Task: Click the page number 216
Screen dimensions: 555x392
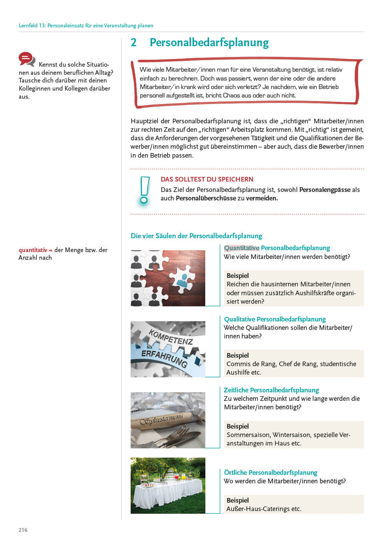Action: coord(23,530)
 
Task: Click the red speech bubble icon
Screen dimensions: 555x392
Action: coord(26,59)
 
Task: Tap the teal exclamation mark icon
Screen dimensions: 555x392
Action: coord(144,191)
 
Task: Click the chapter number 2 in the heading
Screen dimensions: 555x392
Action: coord(134,42)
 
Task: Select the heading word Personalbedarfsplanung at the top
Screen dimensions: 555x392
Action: coord(209,42)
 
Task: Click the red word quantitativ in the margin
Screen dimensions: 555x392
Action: coord(33,250)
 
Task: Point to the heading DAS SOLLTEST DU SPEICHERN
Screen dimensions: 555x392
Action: coord(207,179)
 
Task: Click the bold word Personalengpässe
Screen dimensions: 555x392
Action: coord(325,190)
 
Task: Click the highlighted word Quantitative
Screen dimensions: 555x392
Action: coord(241,248)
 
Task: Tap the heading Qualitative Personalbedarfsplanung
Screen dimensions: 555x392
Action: coord(275,319)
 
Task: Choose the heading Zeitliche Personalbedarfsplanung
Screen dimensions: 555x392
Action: coord(271,390)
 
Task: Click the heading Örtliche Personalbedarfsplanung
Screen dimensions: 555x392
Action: coord(270,473)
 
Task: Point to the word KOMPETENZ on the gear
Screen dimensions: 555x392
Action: coord(171,337)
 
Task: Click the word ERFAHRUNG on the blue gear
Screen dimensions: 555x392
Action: coord(164,358)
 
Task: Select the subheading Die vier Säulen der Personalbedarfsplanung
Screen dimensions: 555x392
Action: coord(196,236)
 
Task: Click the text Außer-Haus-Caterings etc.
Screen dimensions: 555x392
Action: coord(264,509)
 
